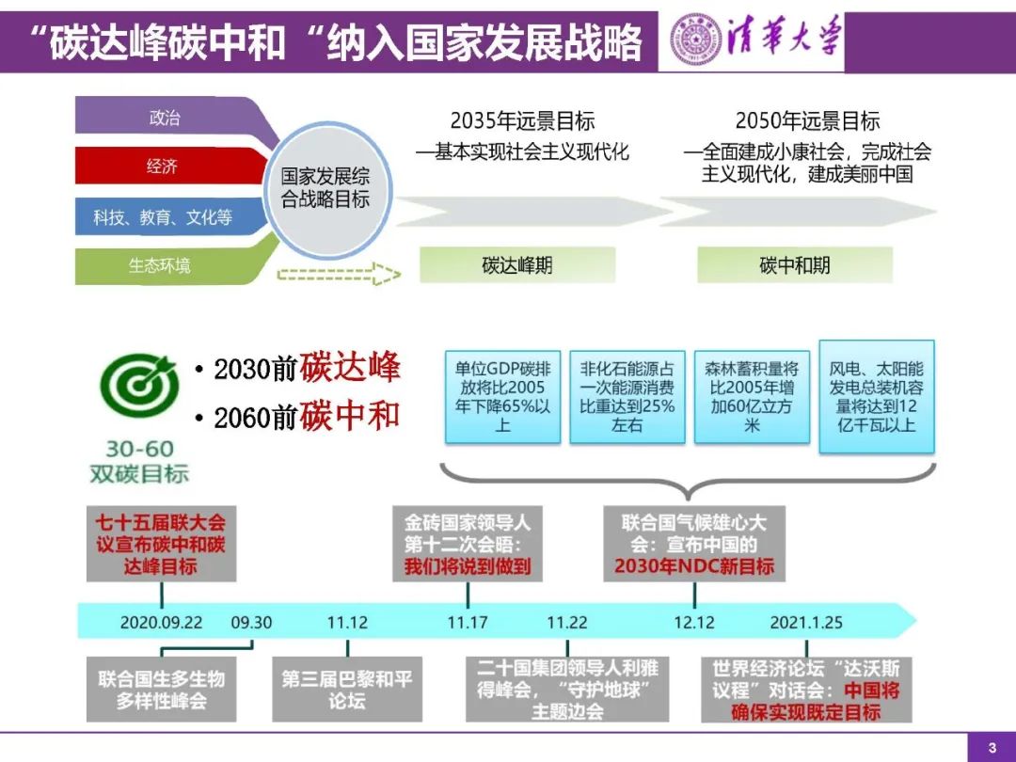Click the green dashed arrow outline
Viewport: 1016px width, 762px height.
coord(339,275)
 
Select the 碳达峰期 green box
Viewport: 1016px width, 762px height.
coord(516,265)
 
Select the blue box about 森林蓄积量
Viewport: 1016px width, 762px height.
coord(752,396)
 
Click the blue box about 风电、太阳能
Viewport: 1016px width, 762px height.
coord(876,396)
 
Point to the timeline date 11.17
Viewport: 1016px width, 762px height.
coord(468,622)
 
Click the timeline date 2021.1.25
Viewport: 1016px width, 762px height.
coord(806,622)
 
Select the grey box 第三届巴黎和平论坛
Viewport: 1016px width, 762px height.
coord(347,690)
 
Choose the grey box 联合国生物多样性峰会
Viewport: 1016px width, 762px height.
coord(161,690)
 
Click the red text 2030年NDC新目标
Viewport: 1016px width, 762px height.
coord(694,566)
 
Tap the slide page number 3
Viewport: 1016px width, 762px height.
coord(991,748)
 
